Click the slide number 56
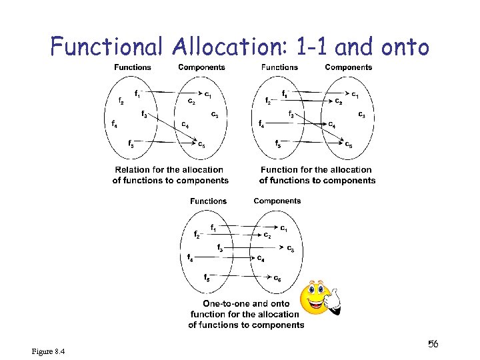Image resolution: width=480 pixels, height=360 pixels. pos(433,344)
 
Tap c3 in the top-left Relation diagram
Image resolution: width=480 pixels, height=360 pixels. pos(215,115)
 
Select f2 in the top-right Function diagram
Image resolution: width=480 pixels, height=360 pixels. pos(268,101)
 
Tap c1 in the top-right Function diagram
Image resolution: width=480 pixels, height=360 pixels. pos(356,95)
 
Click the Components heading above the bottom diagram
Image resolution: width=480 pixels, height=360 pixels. pos(277,201)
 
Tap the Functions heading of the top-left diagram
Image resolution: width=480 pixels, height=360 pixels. pos(133,67)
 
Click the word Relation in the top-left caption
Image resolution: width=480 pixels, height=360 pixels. pos(134,170)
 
